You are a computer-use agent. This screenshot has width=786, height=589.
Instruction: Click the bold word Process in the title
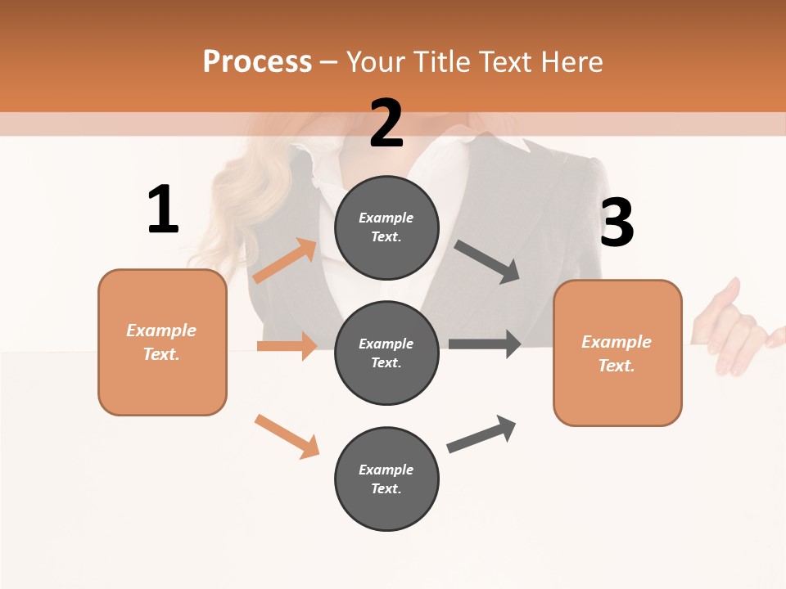click(x=257, y=61)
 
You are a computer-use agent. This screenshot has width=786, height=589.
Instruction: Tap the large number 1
click(x=163, y=209)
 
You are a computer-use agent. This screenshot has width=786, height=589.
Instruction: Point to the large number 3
click(x=617, y=223)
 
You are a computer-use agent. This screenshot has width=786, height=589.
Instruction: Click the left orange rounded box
click(x=162, y=342)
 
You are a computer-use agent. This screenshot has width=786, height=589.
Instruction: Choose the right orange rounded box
click(x=617, y=353)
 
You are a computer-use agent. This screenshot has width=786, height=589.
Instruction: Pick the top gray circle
click(x=386, y=227)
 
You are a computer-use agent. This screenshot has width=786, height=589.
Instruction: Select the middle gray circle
click(x=386, y=353)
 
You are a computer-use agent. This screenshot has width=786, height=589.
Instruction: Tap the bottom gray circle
click(x=386, y=479)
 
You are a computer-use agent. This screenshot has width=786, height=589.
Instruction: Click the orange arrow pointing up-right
click(x=286, y=261)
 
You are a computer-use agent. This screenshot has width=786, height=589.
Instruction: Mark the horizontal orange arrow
click(x=287, y=346)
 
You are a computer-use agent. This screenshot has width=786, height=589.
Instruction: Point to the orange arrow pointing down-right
click(x=287, y=436)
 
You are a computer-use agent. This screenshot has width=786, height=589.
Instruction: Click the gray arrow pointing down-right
click(x=487, y=262)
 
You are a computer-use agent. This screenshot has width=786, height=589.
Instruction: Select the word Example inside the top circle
click(x=386, y=218)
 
